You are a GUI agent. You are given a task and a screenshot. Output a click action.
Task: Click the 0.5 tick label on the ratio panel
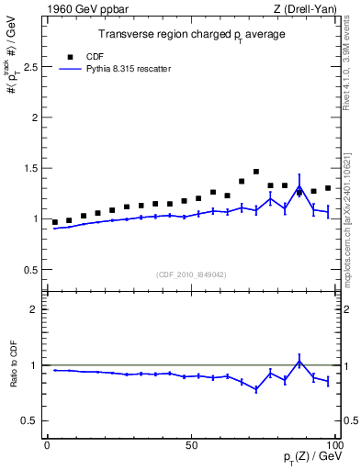point(28,420)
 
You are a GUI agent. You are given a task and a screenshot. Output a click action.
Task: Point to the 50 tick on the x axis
point(191,443)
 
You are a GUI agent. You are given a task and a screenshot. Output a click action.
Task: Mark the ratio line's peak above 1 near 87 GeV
point(299,361)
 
